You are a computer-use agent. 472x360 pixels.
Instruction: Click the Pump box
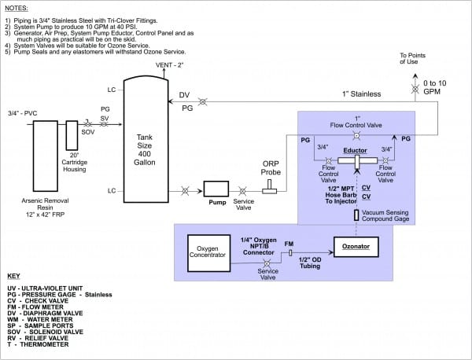[215, 189]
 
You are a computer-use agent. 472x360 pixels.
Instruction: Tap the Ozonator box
[356, 246]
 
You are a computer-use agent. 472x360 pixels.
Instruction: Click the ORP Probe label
[271, 169]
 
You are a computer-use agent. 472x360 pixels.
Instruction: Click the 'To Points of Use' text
[415, 59]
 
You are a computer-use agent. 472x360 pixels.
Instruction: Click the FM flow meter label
[289, 244]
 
